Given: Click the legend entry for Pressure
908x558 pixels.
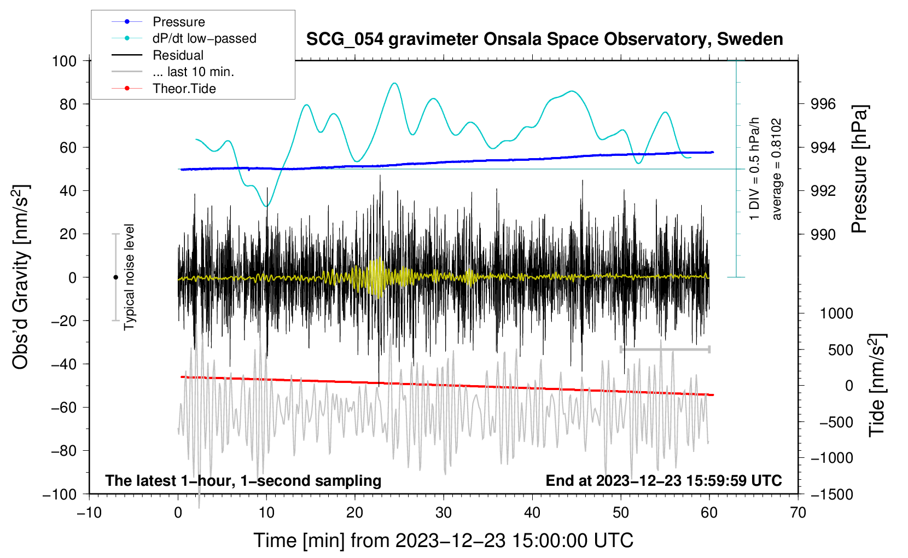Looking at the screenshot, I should click(178, 22).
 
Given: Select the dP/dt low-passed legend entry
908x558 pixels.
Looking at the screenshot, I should click(204, 38).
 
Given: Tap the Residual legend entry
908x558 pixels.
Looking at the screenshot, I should click(178, 55).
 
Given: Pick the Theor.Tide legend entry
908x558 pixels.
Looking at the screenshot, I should click(184, 89).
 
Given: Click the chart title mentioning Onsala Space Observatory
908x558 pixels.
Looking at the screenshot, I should click(544, 39).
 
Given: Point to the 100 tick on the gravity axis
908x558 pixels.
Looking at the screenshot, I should click(64, 61).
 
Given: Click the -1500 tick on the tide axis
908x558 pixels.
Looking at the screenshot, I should click(832, 494).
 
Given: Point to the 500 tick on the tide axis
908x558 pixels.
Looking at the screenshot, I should click(841, 350).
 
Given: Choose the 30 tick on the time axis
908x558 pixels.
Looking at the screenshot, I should click(444, 513).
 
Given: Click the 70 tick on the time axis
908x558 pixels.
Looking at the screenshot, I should click(798, 513).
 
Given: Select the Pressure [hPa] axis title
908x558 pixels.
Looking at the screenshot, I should click(859, 170).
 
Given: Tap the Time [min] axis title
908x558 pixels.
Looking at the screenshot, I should click(443, 540).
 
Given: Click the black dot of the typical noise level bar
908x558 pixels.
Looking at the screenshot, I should click(115, 277).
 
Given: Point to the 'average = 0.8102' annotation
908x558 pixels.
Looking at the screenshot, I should click(777, 170).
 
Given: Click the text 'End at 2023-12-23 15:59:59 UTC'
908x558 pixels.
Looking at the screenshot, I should click(663, 480).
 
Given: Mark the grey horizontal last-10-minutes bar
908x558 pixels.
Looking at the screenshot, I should click(665, 349).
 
